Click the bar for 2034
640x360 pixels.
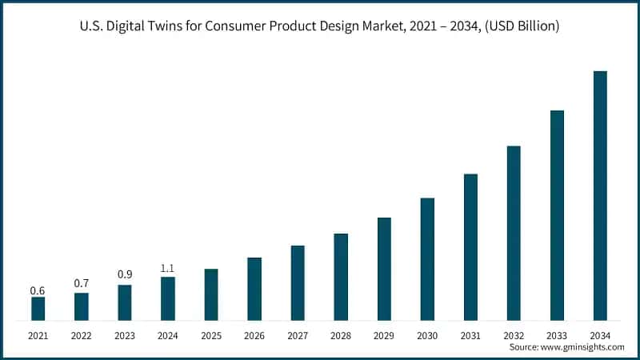coord(600,196)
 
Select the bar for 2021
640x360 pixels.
coord(38,309)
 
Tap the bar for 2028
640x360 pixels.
coord(341,277)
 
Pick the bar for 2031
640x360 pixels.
coord(470,247)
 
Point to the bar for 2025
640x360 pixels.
coord(211,294)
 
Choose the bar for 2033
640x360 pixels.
coord(557,215)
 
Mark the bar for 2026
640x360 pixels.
coord(254,289)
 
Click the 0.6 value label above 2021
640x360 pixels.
coord(38,290)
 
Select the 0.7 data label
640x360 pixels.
coord(81,283)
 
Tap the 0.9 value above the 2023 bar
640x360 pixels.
coord(125,274)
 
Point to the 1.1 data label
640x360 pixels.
coord(168,269)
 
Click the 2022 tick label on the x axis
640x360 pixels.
coord(81,336)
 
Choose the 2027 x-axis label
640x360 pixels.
coord(298,336)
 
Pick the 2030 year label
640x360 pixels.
coord(427,336)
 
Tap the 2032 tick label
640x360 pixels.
coord(514,336)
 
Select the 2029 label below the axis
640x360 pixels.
coord(384,336)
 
